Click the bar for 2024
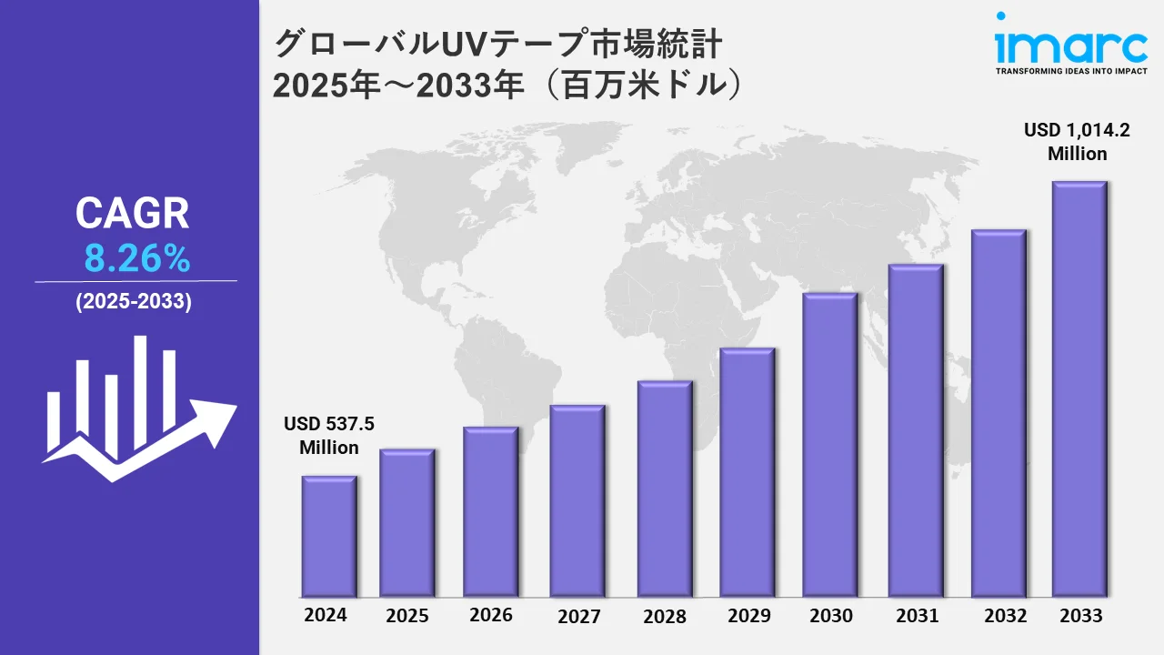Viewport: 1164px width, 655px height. point(328,536)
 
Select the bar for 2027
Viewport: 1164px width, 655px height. point(577,500)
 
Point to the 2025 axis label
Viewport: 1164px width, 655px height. point(407,616)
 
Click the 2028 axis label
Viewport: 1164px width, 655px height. point(665,616)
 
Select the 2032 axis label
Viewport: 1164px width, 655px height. point(1006,615)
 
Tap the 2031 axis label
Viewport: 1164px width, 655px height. point(917,616)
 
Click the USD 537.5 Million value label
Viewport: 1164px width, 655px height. point(329,436)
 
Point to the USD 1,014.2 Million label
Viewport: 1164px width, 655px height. point(1077,142)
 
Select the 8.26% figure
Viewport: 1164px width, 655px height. point(137,260)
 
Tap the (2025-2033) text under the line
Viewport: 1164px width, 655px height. point(134,303)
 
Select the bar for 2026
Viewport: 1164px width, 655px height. point(490,511)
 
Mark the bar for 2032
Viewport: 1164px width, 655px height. point(998,413)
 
